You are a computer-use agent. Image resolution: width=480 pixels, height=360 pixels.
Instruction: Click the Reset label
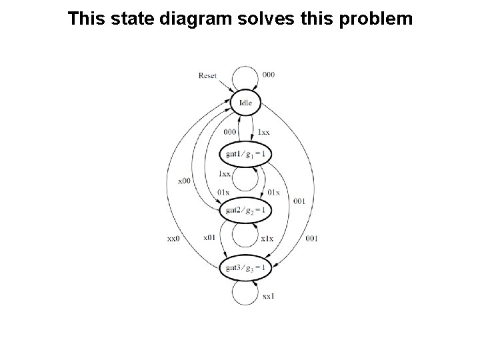pyautogui.click(x=207, y=75)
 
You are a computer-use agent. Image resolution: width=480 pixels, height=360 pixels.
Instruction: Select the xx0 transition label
pyautogui.click(x=173, y=239)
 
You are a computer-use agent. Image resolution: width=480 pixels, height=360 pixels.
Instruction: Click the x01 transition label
pyautogui.click(x=209, y=238)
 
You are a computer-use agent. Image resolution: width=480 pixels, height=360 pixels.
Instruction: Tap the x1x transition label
pyautogui.click(x=267, y=238)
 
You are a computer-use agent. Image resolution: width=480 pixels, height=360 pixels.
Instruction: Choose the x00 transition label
pyautogui.click(x=184, y=180)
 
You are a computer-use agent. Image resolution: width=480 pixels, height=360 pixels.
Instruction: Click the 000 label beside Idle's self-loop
pyautogui.click(x=268, y=75)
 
